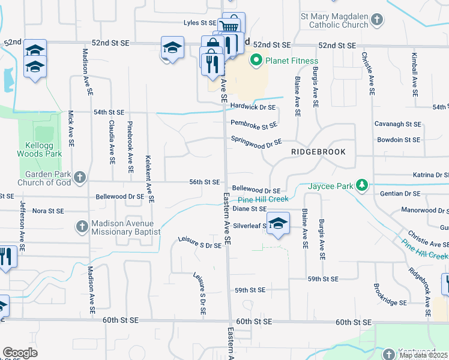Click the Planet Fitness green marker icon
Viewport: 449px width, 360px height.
tap(256, 60)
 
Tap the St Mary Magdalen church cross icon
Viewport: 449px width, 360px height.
tap(377, 20)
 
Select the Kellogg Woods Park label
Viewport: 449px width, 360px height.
tap(44, 149)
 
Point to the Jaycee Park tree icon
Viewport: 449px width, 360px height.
tap(361, 185)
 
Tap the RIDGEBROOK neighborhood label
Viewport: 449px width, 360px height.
tap(318, 152)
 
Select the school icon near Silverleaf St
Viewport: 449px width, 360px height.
tap(278, 223)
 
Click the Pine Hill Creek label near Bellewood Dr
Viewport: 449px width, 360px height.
tap(263, 199)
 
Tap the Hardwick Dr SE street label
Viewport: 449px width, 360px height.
tap(253, 107)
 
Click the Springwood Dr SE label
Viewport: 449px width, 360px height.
tap(256, 142)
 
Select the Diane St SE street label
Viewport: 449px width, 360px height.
tap(250, 209)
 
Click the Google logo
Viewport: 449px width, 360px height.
tap(20, 352)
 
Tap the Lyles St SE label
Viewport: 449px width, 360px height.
tap(200, 23)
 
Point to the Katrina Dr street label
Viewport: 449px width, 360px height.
tap(430, 175)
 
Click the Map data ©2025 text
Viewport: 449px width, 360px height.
tap(424, 355)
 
